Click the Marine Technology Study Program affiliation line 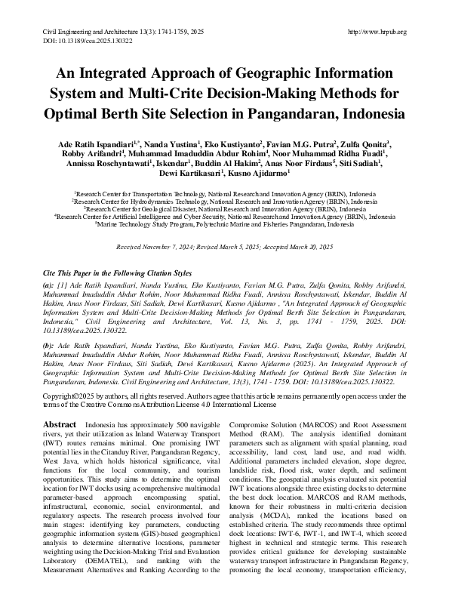pyautogui.click(x=225, y=225)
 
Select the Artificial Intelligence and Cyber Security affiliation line pyautogui.click(x=225, y=217)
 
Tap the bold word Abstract pyautogui.click(x=60, y=425)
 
